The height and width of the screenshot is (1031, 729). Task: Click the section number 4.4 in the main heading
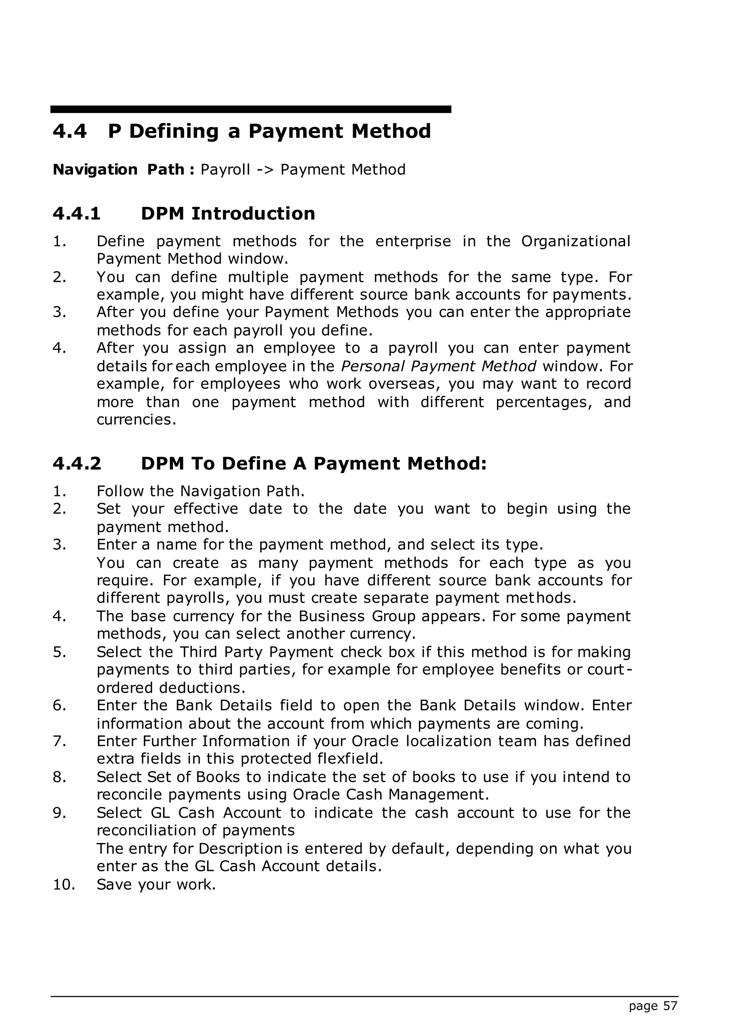pos(69,132)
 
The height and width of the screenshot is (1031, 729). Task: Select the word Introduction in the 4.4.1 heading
pos(253,214)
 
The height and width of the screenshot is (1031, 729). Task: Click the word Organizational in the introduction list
pos(576,242)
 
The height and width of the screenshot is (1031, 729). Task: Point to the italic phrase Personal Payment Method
pos(439,366)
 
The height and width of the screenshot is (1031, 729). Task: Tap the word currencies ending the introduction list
pos(134,420)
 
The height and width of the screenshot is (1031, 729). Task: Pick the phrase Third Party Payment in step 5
pos(257,652)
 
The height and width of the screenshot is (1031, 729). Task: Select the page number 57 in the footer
pos(670,1006)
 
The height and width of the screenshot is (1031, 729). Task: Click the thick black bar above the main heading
pos(251,109)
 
